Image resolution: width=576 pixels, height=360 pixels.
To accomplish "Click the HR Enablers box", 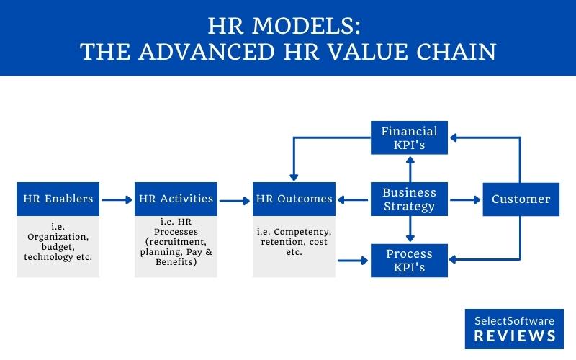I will [x=58, y=199].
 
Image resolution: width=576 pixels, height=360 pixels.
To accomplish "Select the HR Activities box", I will [x=175, y=199].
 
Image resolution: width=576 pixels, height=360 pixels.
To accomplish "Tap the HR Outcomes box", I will [x=294, y=199].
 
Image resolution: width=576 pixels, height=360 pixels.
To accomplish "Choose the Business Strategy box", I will [x=409, y=199].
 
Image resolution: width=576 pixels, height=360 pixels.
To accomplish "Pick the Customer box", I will [x=521, y=199].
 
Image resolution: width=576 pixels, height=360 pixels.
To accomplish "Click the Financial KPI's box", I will [x=409, y=138].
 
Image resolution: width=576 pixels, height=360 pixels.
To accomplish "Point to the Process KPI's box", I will [x=409, y=261].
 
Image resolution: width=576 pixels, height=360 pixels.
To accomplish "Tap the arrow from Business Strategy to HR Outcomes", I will [x=353, y=199].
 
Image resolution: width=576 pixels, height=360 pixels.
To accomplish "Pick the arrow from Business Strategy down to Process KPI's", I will [x=409, y=230].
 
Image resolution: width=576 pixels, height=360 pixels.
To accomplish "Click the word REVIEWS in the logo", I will [x=515, y=336].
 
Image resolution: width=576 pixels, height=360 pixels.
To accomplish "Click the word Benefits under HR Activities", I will [x=175, y=263].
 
